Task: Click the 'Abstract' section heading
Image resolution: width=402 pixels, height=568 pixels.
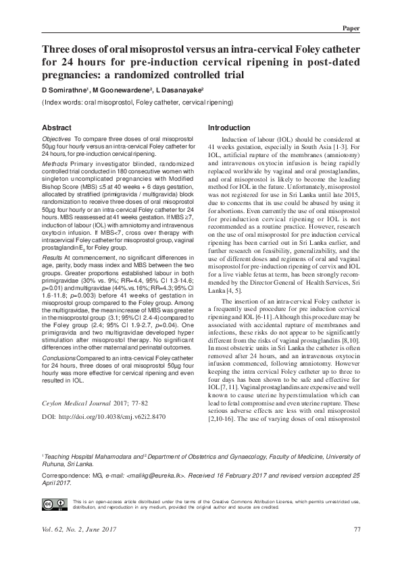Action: pyautogui.click(x=57, y=127)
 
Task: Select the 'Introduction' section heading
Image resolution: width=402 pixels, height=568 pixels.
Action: pyautogui.click(x=228, y=127)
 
